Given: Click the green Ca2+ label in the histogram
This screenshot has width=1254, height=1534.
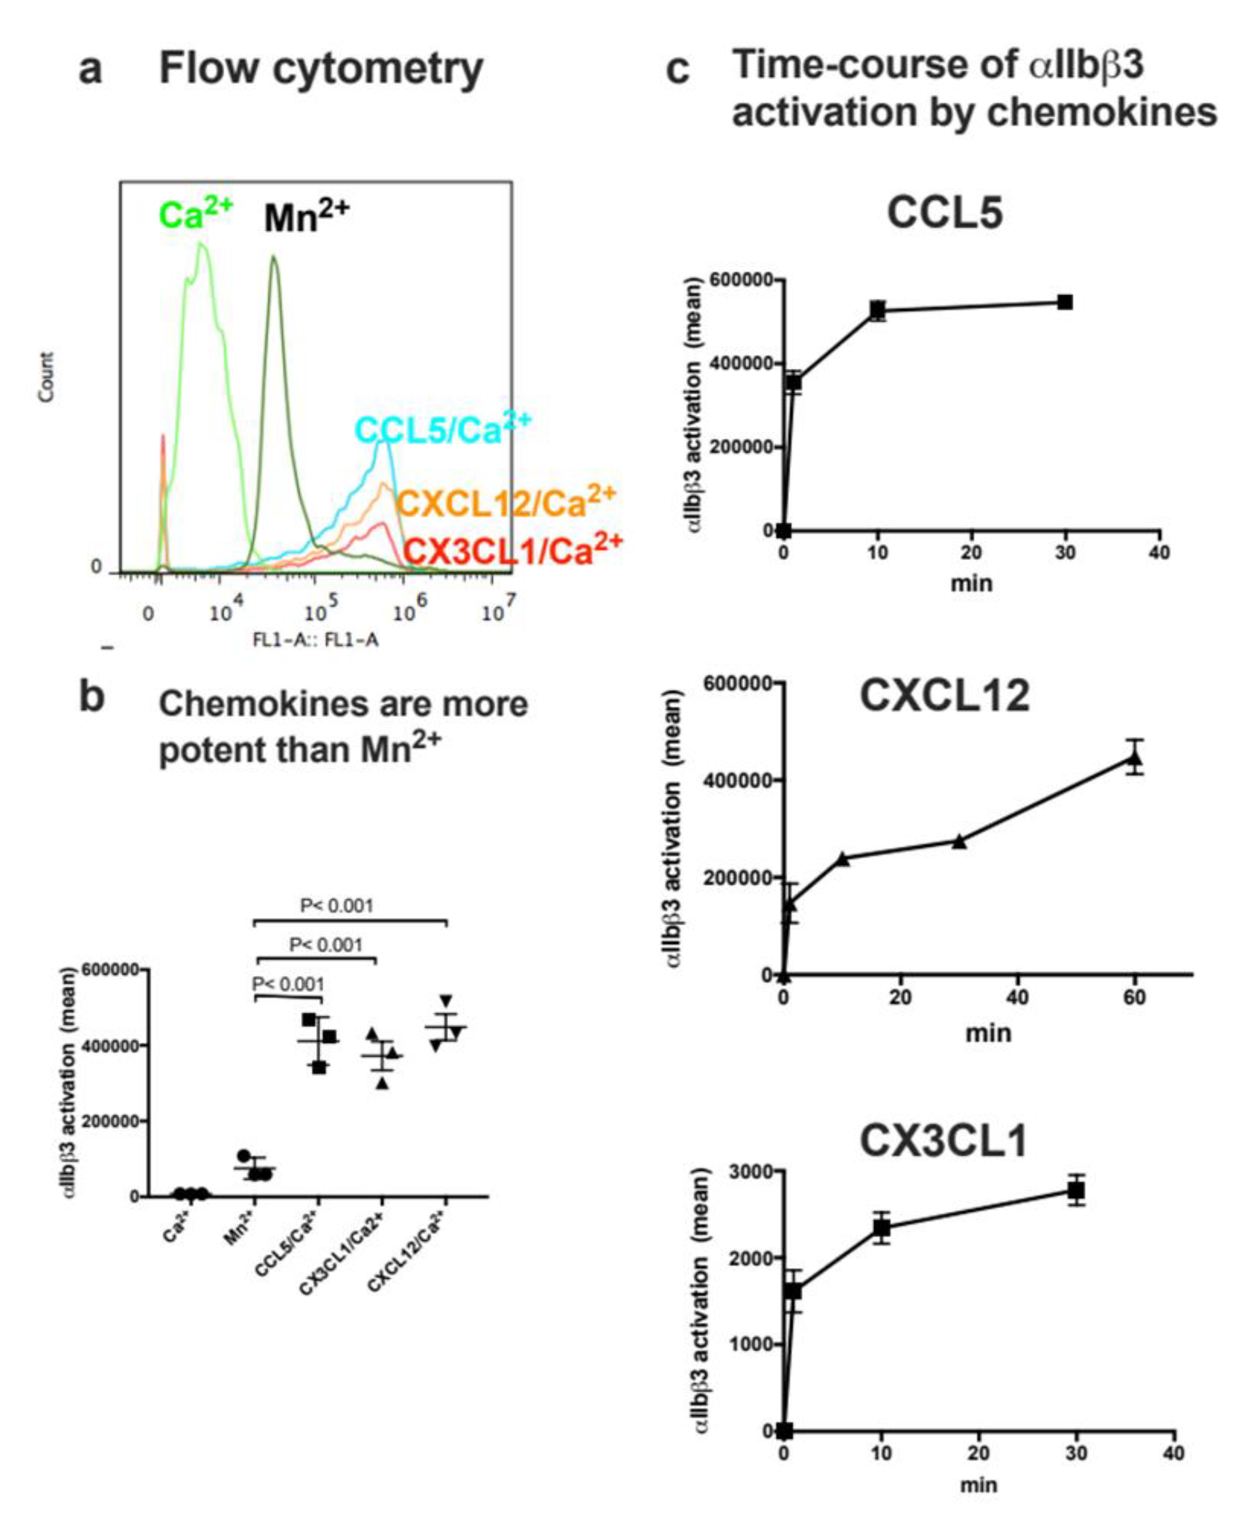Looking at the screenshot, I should click(x=195, y=215).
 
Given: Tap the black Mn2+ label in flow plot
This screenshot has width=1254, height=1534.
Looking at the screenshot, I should click(x=306, y=217).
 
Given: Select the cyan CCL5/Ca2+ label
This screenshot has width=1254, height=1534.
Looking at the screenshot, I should click(x=442, y=429).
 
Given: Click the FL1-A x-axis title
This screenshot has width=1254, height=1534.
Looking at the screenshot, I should click(x=315, y=640).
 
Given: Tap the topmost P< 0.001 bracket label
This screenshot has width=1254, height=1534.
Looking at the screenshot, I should click(x=337, y=905).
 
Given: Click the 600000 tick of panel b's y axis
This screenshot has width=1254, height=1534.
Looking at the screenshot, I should click(x=110, y=970).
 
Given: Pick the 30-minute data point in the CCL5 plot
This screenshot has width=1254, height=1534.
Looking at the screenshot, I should click(x=1064, y=302).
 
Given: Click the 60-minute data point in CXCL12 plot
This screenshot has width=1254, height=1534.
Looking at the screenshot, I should click(x=1135, y=758).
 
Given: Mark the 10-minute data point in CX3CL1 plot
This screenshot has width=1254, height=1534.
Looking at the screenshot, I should click(x=881, y=1228).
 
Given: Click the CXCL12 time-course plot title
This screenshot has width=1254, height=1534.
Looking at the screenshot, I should click(x=944, y=696).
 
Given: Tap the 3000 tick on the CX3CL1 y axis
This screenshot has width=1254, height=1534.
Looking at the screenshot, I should click(x=751, y=1171).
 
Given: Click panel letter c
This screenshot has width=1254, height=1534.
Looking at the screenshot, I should click(x=677, y=71).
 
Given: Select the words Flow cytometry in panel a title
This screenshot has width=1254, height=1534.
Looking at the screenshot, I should click(x=321, y=69).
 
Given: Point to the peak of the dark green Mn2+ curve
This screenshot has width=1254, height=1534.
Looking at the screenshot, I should click(x=274, y=256).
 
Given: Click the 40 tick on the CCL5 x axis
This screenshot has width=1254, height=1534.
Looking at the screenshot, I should click(x=1159, y=553).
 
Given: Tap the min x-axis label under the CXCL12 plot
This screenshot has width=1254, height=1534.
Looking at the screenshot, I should click(x=988, y=1033).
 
